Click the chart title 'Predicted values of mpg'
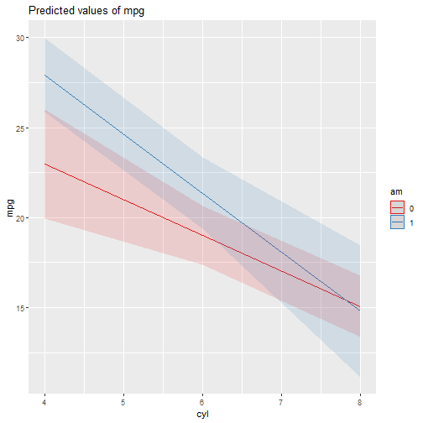pos(86,11)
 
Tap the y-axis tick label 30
pos(20,38)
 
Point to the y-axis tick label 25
pos(20,128)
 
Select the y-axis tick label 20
pos(20,218)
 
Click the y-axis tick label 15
pos(20,308)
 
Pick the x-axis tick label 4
pos(44,402)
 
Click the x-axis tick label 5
pos(123,402)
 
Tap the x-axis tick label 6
pos(202,402)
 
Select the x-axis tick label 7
pos(281,402)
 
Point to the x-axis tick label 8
pos(360,402)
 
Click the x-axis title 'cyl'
pos(202,415)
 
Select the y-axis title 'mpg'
pos(10,208)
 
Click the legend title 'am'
pos(396,192)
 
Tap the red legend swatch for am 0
pos(397,208)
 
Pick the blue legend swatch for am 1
pos(397,222)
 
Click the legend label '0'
pos(411,208)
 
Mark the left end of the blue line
pos(44,75)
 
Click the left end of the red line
pos(44,164)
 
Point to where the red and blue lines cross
pos(347,301)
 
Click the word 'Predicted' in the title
pos(50,11)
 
